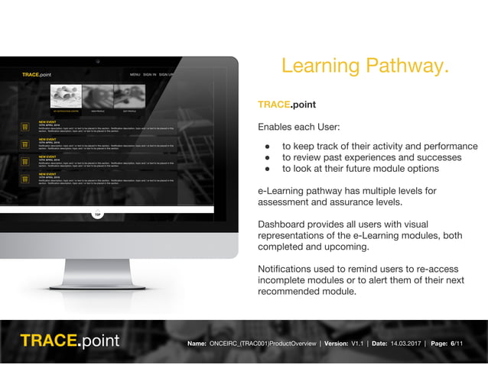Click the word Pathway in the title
point(405,67)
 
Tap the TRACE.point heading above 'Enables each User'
point(287,105)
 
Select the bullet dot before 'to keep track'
point(268,147)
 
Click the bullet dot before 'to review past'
point(268,158)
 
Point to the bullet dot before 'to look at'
point(268,170)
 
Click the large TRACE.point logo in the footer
point(70,340)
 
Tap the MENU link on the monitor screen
point(135,75)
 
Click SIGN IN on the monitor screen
point(150,75)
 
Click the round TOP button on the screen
point(97,214)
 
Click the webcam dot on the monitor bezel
point(97,61)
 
